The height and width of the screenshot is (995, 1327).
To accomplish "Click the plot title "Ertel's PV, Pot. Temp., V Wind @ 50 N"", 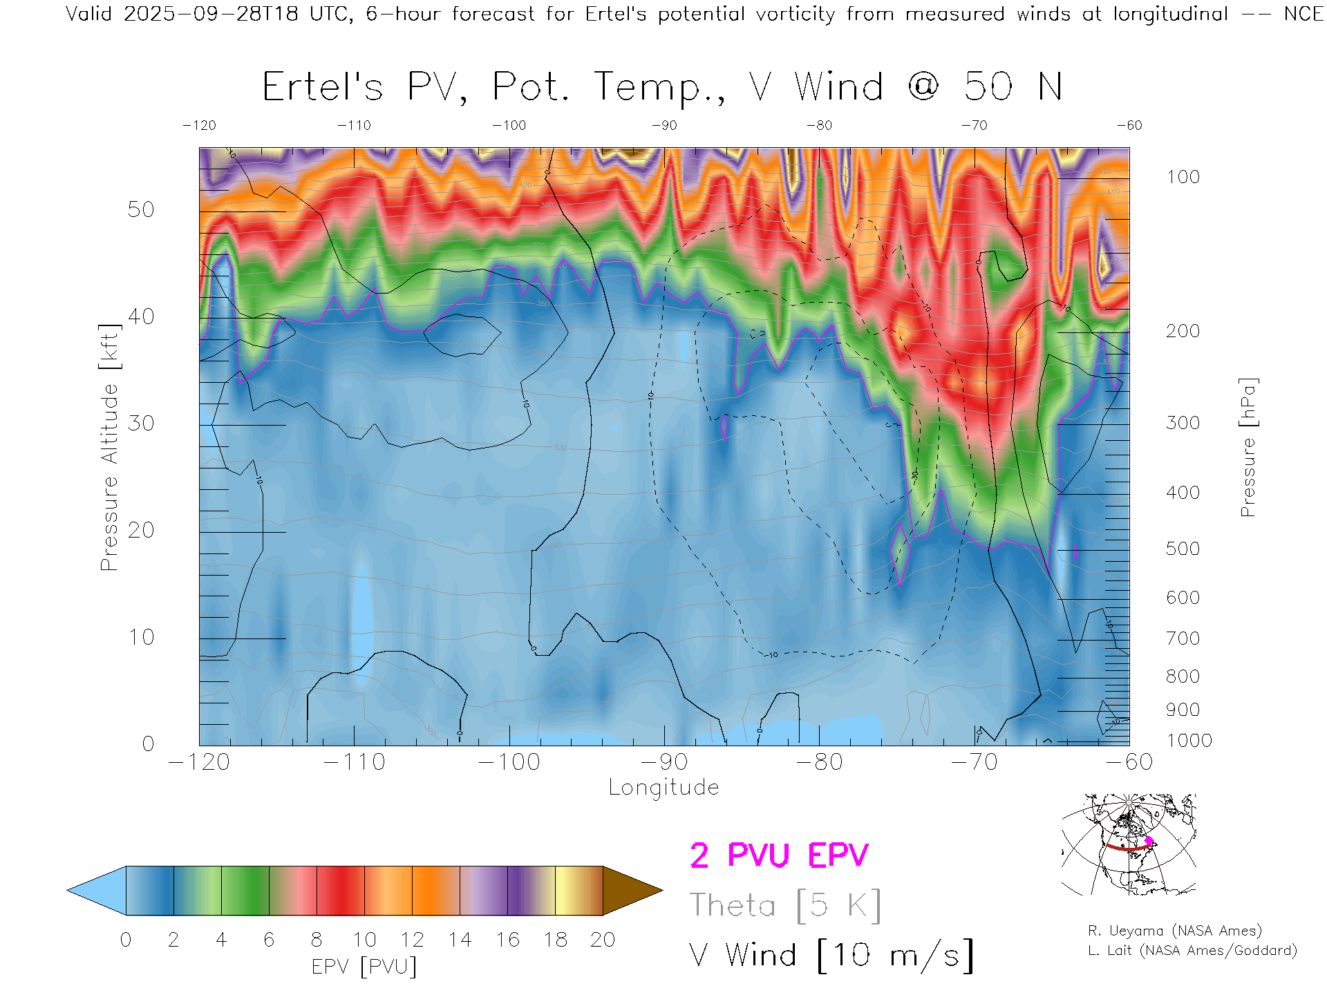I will click(662, 88).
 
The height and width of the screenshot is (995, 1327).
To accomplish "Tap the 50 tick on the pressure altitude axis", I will click(140, 209).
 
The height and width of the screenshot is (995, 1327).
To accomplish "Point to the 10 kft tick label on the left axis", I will click(140, 637).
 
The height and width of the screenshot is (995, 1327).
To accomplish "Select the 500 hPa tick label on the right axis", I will click(1183, 549).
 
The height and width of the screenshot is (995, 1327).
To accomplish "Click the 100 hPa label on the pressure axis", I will click(1183, 177).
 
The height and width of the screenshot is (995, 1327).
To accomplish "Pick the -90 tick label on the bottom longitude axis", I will click(664, 762).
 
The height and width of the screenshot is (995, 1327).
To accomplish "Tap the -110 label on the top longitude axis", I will click(354, 126).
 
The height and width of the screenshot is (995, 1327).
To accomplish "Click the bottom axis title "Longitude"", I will click(663, 788).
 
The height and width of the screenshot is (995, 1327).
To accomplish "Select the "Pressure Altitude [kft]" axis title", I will click(109, 447).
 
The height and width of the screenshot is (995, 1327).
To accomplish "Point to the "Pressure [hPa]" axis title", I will click(1248, 447).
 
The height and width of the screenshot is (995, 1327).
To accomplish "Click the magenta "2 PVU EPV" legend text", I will click(779, 855).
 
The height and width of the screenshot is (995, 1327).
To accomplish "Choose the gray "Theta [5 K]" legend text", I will click(785, 905).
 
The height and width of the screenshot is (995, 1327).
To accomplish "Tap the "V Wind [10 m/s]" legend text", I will click(831, 956).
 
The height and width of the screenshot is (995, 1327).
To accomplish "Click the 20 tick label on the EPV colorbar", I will click(603, 940).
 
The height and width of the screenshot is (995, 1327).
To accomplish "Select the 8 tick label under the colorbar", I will click(317, 940).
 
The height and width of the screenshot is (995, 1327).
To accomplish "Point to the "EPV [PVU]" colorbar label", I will click(364, 967).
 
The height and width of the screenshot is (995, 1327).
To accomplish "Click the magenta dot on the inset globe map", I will click(1149, 841).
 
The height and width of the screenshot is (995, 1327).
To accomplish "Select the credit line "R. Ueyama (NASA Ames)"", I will click(1174, 931).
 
